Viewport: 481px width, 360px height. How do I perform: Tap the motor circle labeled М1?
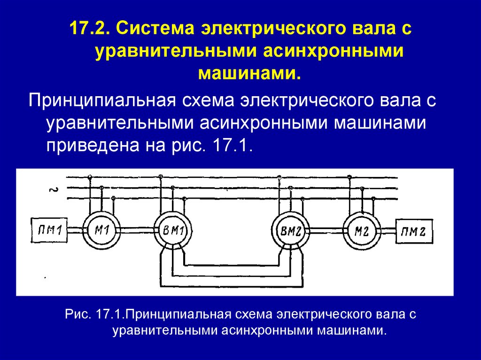[102, 230]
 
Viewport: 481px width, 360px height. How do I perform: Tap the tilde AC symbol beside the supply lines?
[53, 190]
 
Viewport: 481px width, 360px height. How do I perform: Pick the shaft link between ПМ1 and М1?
[75, 230]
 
